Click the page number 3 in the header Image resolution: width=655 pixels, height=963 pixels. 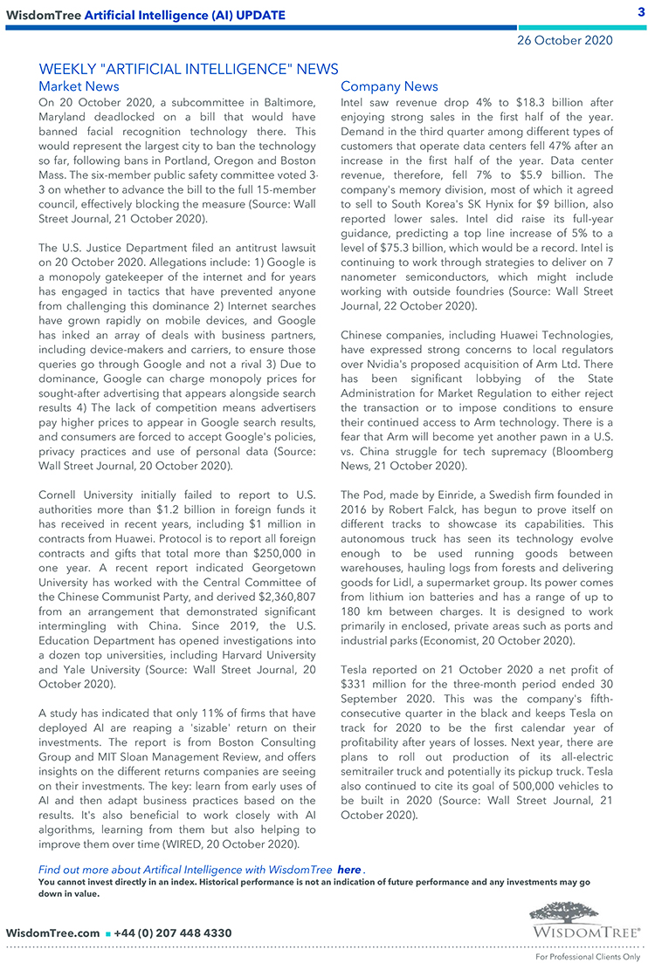coord(641,11)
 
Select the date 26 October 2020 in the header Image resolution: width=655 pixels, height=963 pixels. coord(564,40)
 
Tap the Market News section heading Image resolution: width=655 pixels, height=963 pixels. coord(79,86)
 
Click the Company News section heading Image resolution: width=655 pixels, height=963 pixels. coord(390,86)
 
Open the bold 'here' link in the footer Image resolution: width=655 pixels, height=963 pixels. coord(348,870)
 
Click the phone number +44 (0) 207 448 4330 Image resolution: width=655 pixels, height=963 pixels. coord(173,933)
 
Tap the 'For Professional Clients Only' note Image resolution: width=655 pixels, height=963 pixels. coord(588,956)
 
